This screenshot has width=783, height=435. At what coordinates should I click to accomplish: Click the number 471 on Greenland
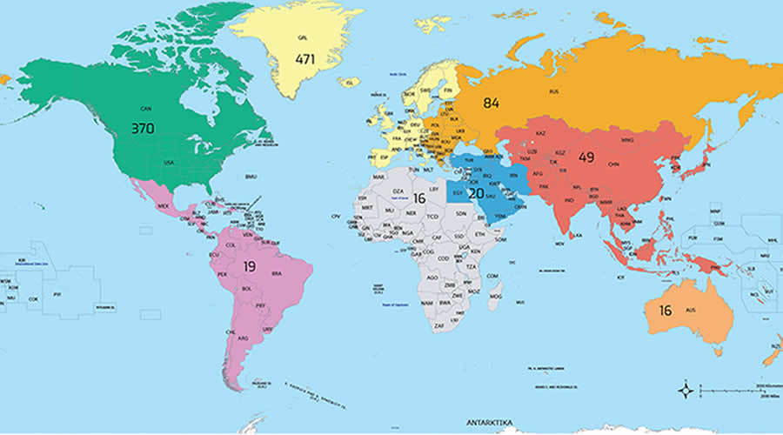pyautogui.click(x=304, y=59)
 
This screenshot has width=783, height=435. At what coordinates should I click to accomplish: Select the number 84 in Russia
pyautogui.click(x=492, y=104)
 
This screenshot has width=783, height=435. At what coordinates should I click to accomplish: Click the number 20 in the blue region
pyautogui.click(x=476, y=193)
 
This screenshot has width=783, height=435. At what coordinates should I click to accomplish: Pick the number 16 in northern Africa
pyautogui.click(x=418, y=197)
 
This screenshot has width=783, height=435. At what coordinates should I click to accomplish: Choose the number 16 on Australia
pyautogui.click(x=666, y=311)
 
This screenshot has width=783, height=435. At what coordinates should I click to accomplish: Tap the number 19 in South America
pyautogui.click(x=249, y=266)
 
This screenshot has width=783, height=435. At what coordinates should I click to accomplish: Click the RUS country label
pyautogui.click(x=553, y=91)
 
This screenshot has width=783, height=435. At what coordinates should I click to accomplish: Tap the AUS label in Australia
pyautogui.click(x=693, y=311)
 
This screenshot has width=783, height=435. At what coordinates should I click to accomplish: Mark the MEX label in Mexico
pyautogui.click(x=163, y=205)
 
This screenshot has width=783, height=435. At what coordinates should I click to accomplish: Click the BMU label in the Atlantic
pyautogui.click(x=251, y=177)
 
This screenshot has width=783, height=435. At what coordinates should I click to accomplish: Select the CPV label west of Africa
pyautogui.click(x=335, y=216)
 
